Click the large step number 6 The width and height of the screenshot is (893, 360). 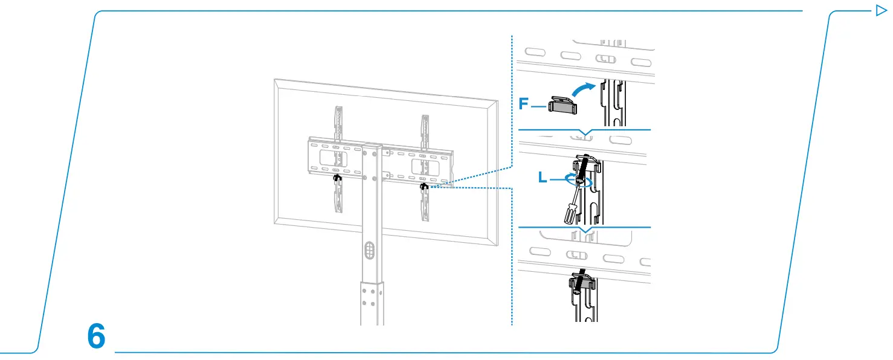point(96,336)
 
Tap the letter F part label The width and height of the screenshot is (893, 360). point(523,104)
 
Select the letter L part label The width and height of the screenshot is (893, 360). point(543,178)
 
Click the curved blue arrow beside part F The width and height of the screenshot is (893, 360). point(583,89)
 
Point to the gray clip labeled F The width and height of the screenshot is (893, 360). point(563,105)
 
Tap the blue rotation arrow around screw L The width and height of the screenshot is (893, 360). point(578,180)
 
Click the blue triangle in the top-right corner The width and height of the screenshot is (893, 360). point(881,10)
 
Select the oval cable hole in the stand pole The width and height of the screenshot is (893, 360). point(370,250)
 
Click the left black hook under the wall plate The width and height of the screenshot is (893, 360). point(337,178)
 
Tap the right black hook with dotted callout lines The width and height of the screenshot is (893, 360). point(424,186)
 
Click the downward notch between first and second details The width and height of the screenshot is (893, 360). point(585,132)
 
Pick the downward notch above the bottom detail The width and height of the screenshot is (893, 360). point(585,230)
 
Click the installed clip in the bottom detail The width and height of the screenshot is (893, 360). point(582,283)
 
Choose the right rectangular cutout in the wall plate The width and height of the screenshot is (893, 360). point(425,167)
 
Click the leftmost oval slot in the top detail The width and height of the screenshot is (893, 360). point(535,52)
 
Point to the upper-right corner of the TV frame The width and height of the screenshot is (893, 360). point(498,101)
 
